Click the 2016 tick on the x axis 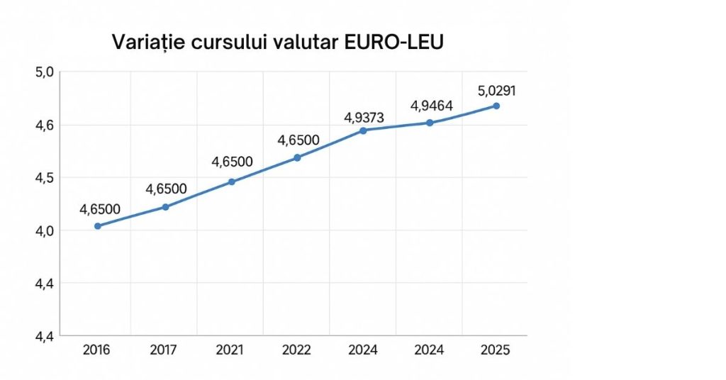click(x=97, y=350)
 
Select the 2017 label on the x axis click(x=164, y=350)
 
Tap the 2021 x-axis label click(x=230, y=350)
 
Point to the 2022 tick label click(x=296, y=350)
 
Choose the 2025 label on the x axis click(x=495, y=350)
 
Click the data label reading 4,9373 click(x=364, y=117)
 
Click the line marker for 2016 click(x=98, y=226)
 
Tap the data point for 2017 click(x=165, y=207)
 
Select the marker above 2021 click(x=232, y=181)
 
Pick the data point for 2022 click(x=298, y=157)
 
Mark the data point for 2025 click(x=496, y=106)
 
